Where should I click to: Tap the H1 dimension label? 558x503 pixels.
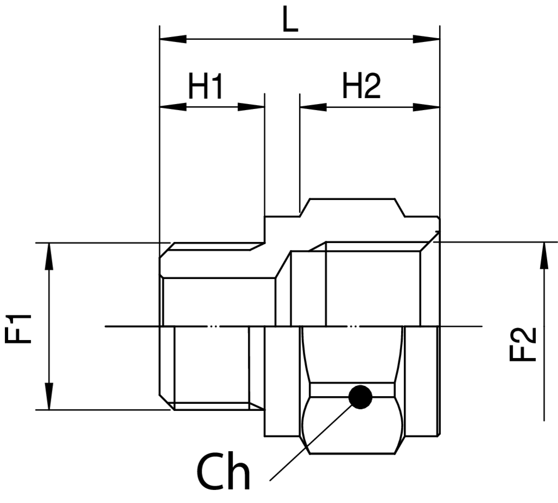205,86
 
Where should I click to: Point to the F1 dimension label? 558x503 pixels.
19,328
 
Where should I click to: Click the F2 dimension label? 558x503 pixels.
523,344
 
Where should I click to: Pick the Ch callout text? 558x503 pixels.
223,472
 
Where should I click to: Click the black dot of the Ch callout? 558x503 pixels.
361,397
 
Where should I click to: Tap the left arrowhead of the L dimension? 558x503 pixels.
173,39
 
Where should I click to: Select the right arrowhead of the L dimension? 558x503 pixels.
426,39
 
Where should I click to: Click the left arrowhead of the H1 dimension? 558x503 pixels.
173,107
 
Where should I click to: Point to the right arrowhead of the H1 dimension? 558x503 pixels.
251,107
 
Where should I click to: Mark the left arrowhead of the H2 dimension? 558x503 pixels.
313,107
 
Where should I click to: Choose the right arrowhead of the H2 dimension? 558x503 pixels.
426,107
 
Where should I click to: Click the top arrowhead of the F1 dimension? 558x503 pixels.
49,256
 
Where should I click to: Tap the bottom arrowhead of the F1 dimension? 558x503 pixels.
49,396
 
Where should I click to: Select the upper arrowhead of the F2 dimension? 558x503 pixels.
544,255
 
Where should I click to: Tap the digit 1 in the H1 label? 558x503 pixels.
217,86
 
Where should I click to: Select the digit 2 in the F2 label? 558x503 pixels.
523,335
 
